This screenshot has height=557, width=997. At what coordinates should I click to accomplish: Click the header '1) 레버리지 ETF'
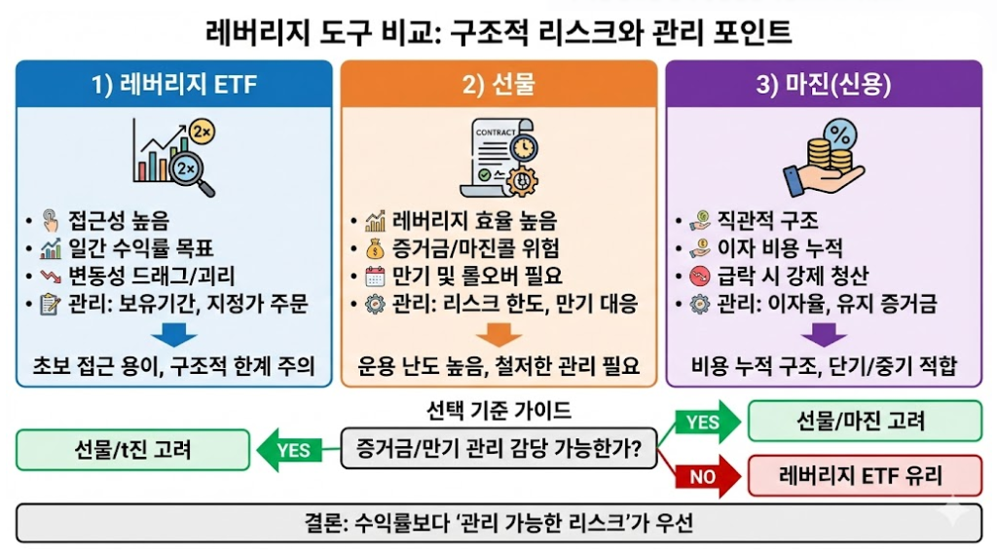coord(174,84)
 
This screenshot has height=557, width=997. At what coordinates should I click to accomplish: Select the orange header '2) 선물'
coord(498,84)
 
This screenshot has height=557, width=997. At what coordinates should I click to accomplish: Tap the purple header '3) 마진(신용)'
coord(823,84)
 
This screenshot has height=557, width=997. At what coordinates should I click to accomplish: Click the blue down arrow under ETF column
coord(175,335)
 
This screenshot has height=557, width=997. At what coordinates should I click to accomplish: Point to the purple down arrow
coord(823,335)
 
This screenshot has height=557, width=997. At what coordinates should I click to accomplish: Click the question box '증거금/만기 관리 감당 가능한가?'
coord(498,450)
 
